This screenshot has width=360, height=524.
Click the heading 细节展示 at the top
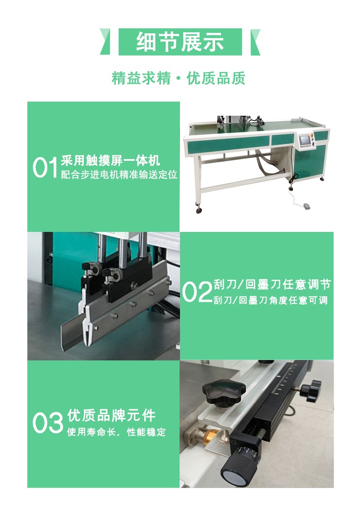(180, 42)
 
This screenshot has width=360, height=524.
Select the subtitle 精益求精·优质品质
(179, 78)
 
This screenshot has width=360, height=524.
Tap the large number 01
(46, 168)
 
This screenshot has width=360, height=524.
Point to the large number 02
(196, 292)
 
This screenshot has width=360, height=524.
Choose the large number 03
(47, 423)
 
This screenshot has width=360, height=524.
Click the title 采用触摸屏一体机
(111, 161)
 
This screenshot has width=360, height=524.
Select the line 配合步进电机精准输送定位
(119, 175)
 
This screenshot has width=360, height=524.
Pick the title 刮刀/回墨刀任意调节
(272, 285)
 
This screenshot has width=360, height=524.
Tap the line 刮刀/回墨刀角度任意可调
(270, 301)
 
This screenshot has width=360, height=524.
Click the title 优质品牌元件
(111, 416)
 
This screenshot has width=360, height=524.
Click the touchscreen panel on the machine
(304, 139)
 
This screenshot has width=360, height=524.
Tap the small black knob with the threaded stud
(311, 391)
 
